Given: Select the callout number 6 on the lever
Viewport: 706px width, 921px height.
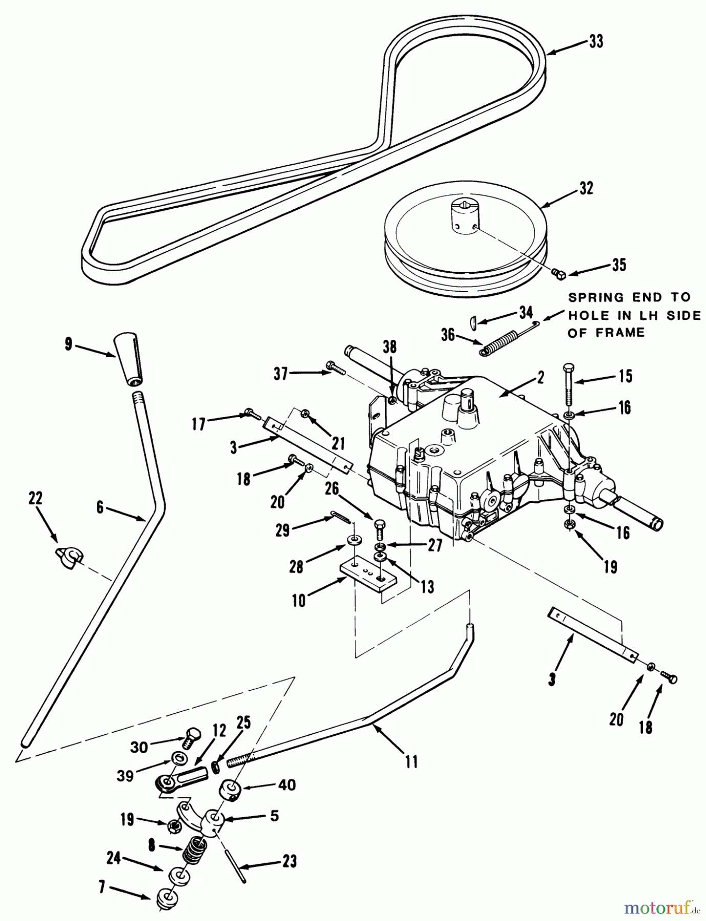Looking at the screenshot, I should pos(99,507).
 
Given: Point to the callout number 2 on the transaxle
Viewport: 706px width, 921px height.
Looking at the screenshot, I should pos(541,377).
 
